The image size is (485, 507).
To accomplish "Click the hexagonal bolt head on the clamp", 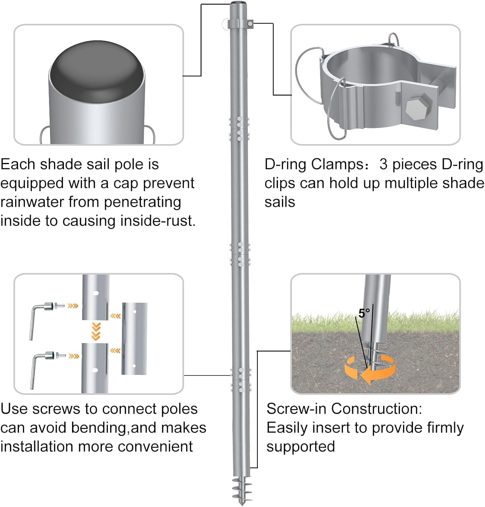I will pos(418,108).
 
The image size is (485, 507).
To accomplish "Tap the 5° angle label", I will pos(364,313).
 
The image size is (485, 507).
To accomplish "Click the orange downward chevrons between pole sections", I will pos(96,332).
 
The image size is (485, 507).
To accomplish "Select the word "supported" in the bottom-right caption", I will pos(300,447).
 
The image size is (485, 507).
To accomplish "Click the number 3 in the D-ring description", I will pos(383,165).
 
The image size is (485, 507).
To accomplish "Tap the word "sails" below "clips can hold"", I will pos(280,202).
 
